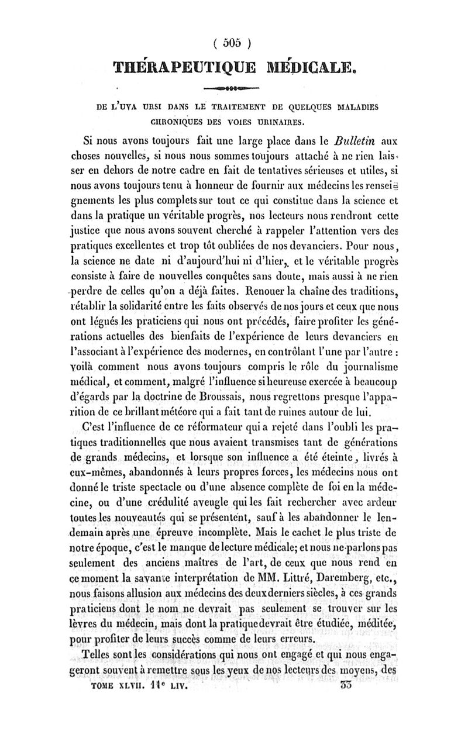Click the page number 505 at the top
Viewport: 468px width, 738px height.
coord(233,42)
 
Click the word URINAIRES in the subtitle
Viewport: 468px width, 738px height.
coord(278,123)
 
